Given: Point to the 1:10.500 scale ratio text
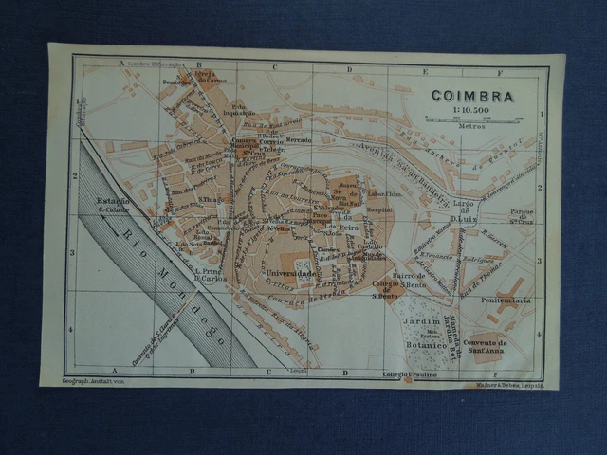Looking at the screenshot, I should (x=471, y=111).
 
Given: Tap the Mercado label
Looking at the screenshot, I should (x=299, y=140).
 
